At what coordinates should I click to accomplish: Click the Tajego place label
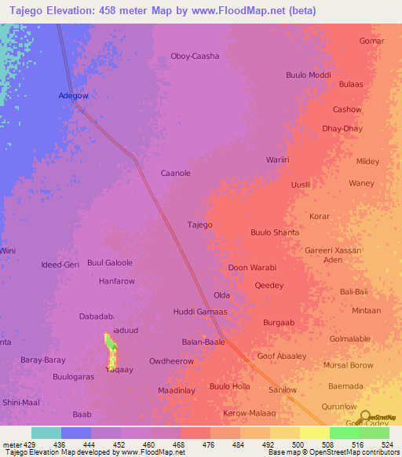(199, 225)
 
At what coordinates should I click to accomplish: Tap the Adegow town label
(74, 96)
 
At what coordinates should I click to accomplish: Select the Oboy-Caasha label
(195, 56)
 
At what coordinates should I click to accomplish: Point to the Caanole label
(176, 173)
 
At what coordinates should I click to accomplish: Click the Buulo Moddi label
(309, 75)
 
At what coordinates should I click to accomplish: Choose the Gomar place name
(371, 41)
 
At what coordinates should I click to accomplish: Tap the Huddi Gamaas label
(200, 312)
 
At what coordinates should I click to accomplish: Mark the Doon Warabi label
(252, 268)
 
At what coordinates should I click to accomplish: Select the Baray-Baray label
(43, 360)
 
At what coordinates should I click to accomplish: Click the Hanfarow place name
(117, 280)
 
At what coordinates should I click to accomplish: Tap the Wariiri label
(278, 159)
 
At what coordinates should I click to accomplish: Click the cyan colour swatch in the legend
(46, 433)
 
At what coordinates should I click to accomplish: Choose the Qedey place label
(269, 286)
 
